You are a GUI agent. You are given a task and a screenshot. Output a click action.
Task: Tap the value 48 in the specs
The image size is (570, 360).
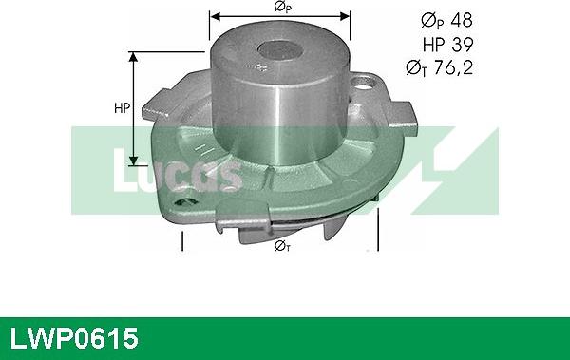[x=460, y=20]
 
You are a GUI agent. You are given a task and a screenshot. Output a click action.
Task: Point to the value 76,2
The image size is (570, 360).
[x=452, y=67]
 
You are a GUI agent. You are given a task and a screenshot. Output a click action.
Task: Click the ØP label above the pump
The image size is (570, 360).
[x=281, y=8]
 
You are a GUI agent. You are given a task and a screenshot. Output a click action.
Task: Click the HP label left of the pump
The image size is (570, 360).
[x=122, y=107]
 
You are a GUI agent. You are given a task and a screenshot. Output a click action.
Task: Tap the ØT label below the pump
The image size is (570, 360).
[x=281, y=246]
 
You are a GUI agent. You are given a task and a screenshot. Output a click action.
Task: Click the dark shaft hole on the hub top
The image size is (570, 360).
[x=278, y=51]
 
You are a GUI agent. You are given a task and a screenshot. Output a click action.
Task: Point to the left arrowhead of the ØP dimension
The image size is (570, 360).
[x=215, y=16]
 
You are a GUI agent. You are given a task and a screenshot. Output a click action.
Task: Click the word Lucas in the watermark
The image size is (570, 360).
[x=177, y=172]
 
